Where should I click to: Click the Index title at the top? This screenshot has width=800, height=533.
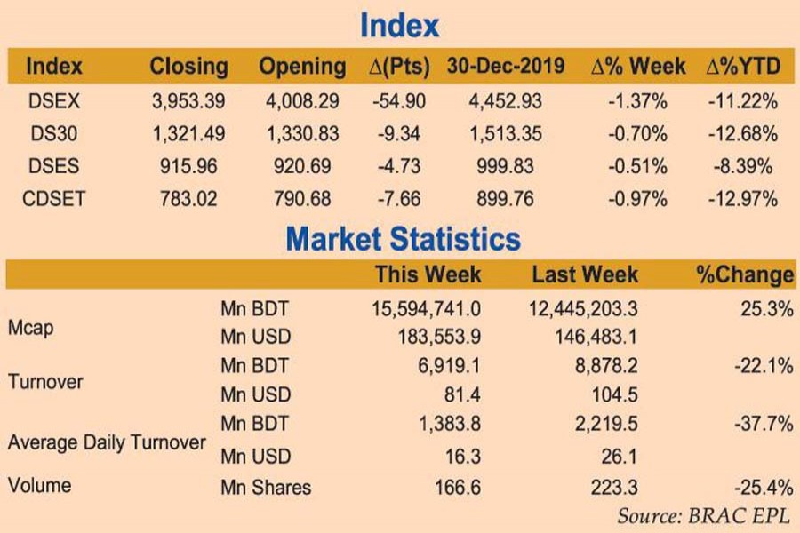coord(399,26)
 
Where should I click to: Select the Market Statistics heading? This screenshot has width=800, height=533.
coord(403,238)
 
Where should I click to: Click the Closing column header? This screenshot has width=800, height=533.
coord(188,67)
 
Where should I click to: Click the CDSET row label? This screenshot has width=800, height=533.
coord(53,198)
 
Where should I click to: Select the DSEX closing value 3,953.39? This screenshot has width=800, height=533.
coord(188,101)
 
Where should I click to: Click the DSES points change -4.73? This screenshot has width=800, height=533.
coord(398,166)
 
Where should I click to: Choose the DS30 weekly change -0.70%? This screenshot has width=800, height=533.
coord(636,134)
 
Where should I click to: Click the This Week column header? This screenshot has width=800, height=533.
coord(428,274)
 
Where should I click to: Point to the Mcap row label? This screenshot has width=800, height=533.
coord(30,328)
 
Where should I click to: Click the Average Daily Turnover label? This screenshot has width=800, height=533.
coord(107,442)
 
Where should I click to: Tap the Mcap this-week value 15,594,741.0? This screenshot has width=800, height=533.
coord(426,308)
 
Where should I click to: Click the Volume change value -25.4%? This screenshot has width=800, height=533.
coord(764,487)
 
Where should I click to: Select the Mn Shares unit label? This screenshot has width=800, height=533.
coord(266,487)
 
